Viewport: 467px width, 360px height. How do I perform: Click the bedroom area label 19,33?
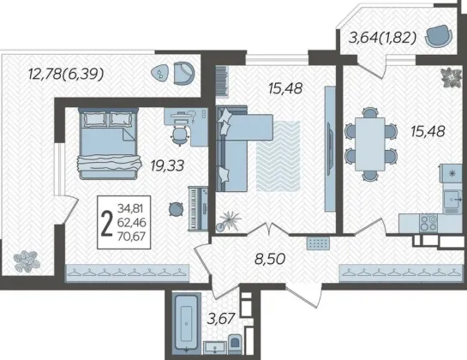pyautogui.click(x=167, y=165)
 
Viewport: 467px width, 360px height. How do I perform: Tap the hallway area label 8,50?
pyautogui.click(x=271, y=259)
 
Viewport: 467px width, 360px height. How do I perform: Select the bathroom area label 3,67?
pyautogui.click(x=222, y=319)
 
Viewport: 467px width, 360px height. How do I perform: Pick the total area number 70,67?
pyautogui.click(x=131, y=237)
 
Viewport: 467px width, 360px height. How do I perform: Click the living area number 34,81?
pyautogui.click(x=130, y=207)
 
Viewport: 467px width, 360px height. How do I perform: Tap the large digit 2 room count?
pyautogui.click(x=106, y=222)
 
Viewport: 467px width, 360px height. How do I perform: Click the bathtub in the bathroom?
pyautogui.click(x=187, y=324)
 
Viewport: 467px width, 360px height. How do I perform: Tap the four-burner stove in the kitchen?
pyautogui.click(x=428, y=223)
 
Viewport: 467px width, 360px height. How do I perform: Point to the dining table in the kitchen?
pyautogui.click(x=370, y=144)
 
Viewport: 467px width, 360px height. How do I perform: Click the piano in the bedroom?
pyautogui.click(x=198, y=208)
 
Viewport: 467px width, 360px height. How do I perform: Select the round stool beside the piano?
pyautogui.click(x=176, y=208)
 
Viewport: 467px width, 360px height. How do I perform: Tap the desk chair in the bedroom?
pyautogui.click(x=180, y=135)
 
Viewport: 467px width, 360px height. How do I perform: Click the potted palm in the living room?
pyautogui.click(x=228, y=220)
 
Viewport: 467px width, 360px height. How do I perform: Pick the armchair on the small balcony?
pyautogui.click(x=439, y=35)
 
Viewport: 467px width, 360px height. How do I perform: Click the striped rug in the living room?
pyautogui.click(x=278, y=156)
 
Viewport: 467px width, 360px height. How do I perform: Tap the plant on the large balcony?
pyautogui.click(x=27, y=261)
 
